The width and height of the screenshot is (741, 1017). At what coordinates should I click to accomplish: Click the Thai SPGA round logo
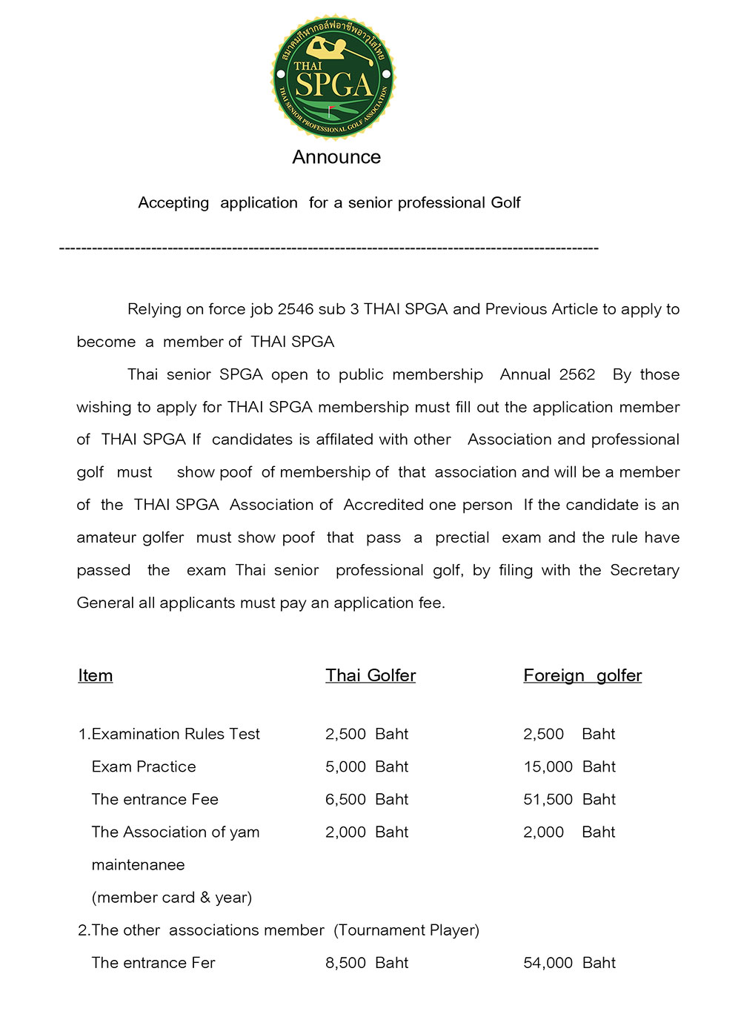coord(334,77)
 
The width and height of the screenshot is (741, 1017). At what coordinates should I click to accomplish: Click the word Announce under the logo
coord(336,157)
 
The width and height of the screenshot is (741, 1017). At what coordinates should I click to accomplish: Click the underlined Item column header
coord(96,675)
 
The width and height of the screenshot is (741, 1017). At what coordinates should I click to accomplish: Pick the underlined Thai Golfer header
coord(370,675)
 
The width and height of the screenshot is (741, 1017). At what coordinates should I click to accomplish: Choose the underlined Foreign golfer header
coord(582,675)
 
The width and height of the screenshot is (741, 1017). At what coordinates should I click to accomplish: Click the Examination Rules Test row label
coord(170,734)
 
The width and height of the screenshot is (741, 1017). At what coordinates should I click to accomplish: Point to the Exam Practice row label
coord(144,766)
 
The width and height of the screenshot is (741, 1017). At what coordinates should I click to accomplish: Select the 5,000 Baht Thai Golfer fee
coord(367,766)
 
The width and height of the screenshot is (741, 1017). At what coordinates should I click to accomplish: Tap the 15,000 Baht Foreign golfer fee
coord(569,766)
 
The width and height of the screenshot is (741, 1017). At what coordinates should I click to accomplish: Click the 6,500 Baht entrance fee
coord(367,799)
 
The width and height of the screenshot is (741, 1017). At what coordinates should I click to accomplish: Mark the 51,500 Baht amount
coord(569,799)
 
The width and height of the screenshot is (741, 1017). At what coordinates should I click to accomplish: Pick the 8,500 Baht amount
coord(367,963)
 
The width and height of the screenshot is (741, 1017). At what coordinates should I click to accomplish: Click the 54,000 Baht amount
coord(569,963)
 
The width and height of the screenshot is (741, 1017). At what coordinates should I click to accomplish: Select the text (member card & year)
coord(172,898)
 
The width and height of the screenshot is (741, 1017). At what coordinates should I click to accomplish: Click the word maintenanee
coord(138,865)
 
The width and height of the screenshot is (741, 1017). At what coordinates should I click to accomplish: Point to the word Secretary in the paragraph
coord(645,570)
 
